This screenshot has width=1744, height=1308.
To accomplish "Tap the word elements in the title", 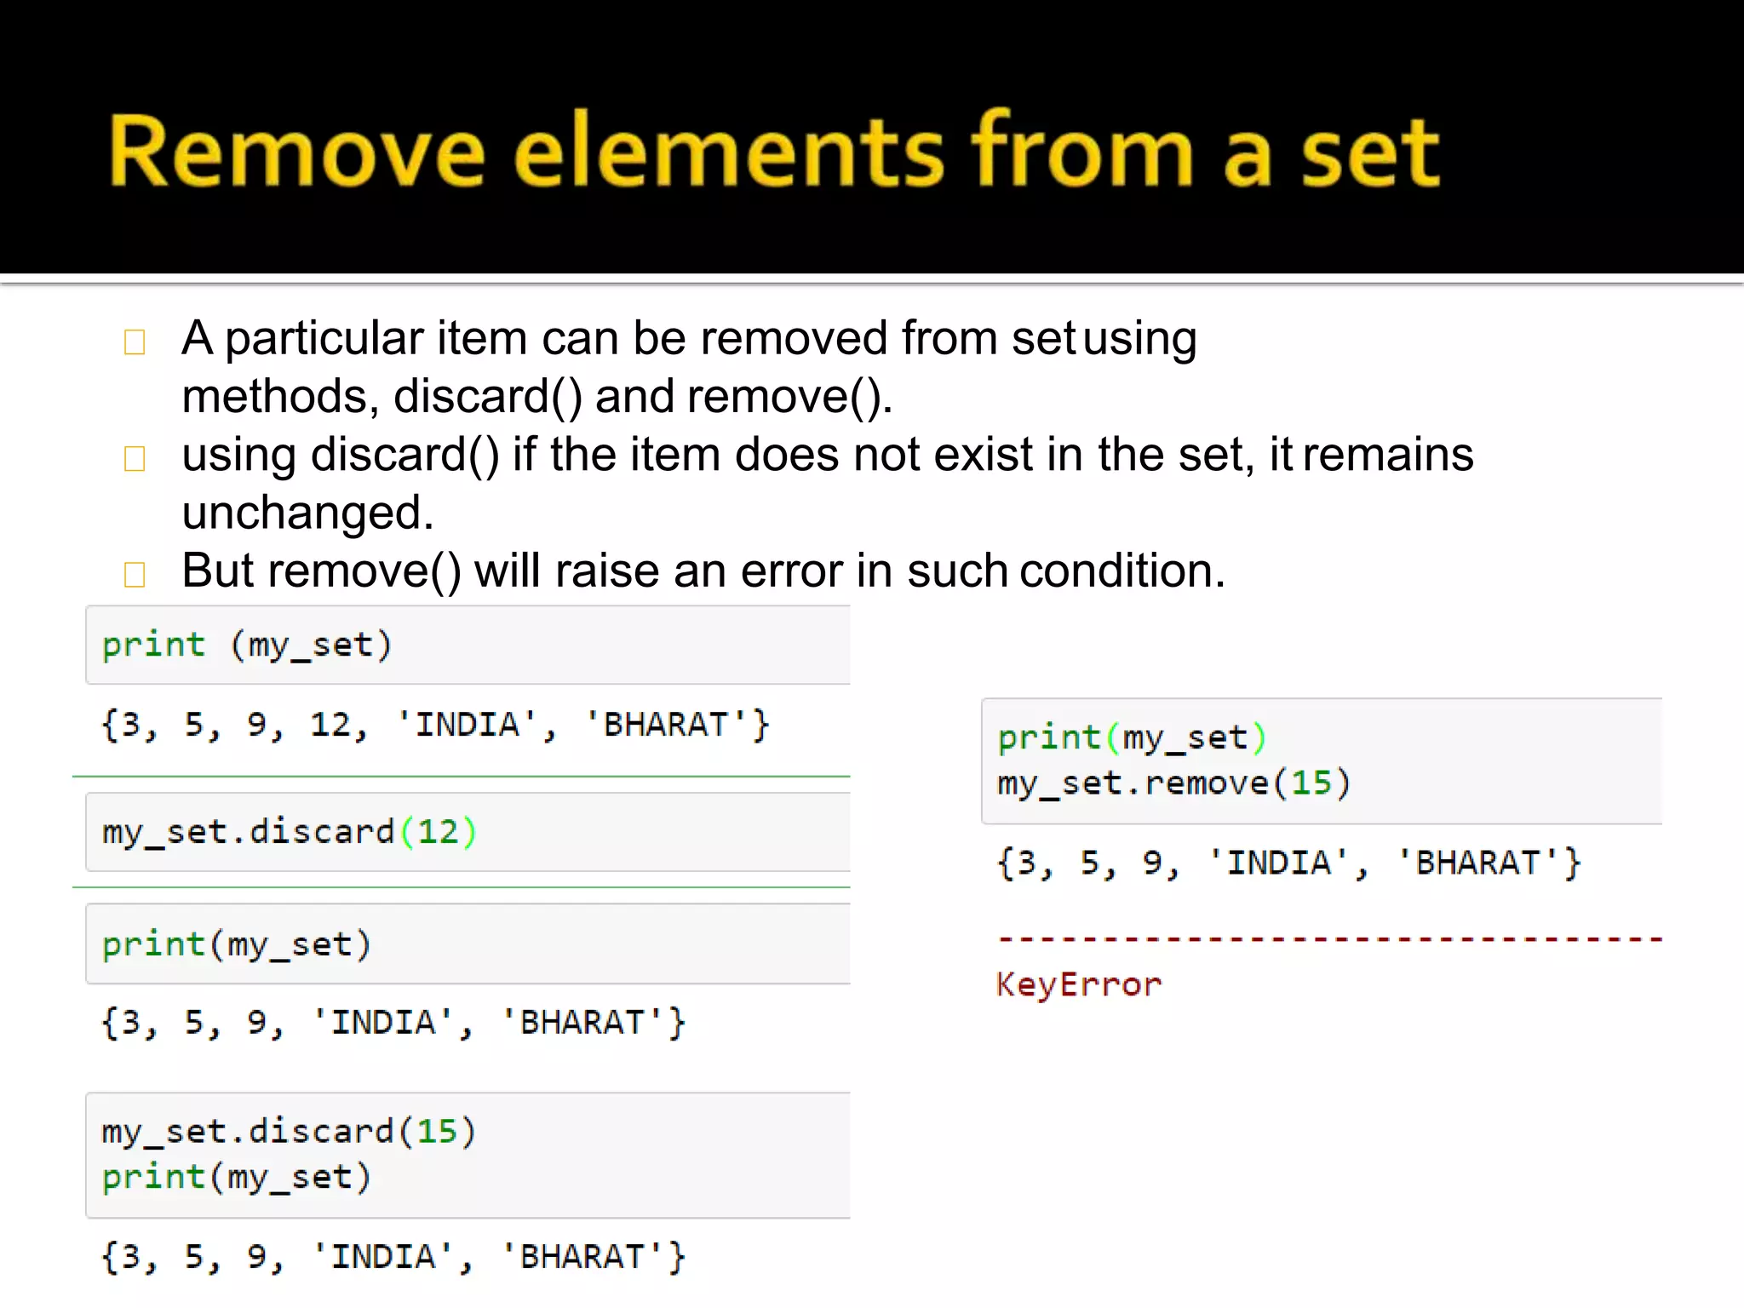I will click(x=729, y=152).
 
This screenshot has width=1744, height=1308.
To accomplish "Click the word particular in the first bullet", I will click(x=324, y=339).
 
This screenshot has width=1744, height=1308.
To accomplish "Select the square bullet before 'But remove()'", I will click(x=135, y=574).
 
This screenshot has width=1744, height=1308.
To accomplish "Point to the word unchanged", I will click(x=307, y=513).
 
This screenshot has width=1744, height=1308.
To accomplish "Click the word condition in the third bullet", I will click(x=1122, y=571).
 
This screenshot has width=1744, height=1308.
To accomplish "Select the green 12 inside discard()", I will click(x=438, y=832).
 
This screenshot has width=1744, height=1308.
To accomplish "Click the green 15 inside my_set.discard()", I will click(x=438, y=1132).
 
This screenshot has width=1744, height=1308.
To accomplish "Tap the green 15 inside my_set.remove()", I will click(x=1311, y=783).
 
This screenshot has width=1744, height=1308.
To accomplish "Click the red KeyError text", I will click(x=1079, y=985).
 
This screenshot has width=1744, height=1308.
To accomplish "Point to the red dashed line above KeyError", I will click(x=1329, y=939).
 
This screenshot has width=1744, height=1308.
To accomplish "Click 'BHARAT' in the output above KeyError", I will click(x=1477, y=863).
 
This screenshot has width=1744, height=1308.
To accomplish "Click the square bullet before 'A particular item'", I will click(x=135, y=342).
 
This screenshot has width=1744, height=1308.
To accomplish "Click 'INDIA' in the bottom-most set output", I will click(x=383, y=1258).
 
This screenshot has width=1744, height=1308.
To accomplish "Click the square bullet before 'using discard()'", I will click(x=135, y=459).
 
